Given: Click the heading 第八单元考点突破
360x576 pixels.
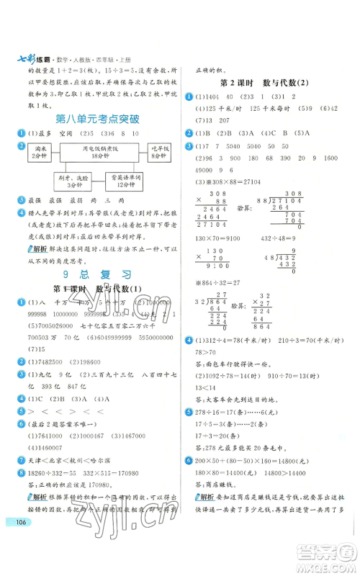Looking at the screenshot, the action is (91, 117).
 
